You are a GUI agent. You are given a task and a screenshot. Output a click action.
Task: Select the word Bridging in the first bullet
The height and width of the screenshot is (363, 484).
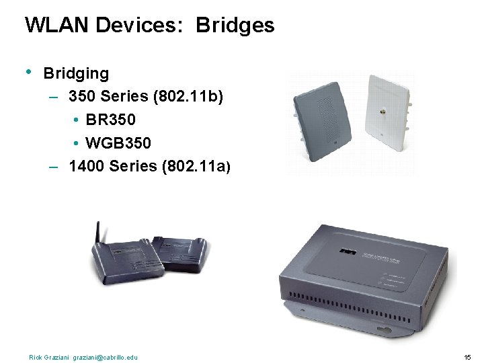point(76,73)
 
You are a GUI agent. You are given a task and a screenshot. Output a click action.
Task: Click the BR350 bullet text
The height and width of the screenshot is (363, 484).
point(111,120)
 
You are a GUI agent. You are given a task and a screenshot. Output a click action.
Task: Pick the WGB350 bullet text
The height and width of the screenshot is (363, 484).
point(118,143)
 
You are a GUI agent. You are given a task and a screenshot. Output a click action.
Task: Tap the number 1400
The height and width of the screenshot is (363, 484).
point(86,166)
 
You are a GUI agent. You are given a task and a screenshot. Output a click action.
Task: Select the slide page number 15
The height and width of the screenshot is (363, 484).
point(467,357)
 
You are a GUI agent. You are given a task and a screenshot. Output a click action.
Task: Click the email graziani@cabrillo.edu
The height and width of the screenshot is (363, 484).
point(105,357)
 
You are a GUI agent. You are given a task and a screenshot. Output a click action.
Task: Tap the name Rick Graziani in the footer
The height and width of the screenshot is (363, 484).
point(49,357)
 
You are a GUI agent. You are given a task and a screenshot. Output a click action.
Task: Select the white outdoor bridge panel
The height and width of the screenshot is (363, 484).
point(389,108)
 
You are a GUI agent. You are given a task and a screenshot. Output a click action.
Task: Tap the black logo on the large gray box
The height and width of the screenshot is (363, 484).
point(346,252)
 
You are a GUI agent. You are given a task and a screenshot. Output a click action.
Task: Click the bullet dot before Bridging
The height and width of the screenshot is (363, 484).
point(29,71)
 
